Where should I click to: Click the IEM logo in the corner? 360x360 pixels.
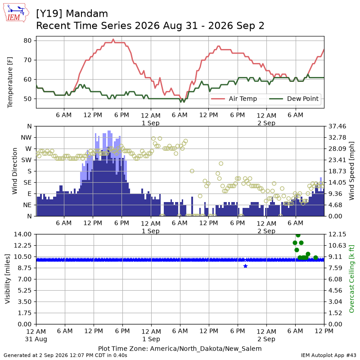(x=16, y=13)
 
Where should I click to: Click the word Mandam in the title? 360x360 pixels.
(x=87, y=14)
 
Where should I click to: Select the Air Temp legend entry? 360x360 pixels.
(x=234, y=99)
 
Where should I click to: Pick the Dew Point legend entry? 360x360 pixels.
(x=294, y=99)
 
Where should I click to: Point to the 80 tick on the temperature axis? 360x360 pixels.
(x=27, y=40)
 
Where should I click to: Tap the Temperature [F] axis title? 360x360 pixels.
(x=10, y=82)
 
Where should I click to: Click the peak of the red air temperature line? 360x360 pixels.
(x=113, y=39)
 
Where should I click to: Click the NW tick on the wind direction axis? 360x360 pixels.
(x=26, y=138)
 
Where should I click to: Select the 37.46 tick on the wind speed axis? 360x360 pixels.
(x=337, y=126)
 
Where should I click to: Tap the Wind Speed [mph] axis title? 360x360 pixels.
(x=351, y=171)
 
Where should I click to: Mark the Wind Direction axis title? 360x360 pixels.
(x=15, y=171)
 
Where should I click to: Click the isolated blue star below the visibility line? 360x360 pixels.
(x=245, y=266)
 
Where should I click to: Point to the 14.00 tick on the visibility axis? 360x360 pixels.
(x=22, y=234)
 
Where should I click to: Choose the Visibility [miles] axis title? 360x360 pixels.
(x=8, y=279)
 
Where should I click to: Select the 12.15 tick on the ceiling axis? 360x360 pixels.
(x=337, y=234)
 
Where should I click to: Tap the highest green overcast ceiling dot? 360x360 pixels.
(x=298, y=235)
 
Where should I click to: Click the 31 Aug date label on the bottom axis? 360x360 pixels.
(x=36, y=339)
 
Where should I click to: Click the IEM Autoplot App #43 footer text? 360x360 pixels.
(x=328, y=355)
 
